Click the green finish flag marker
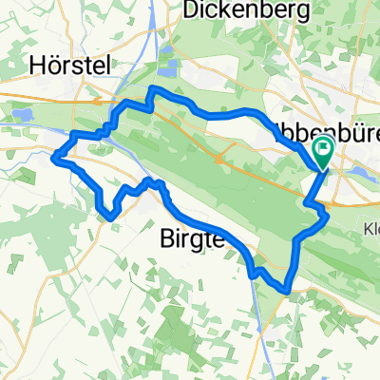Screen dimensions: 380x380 coord(323,150)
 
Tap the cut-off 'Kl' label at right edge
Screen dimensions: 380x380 coord(371,228)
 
